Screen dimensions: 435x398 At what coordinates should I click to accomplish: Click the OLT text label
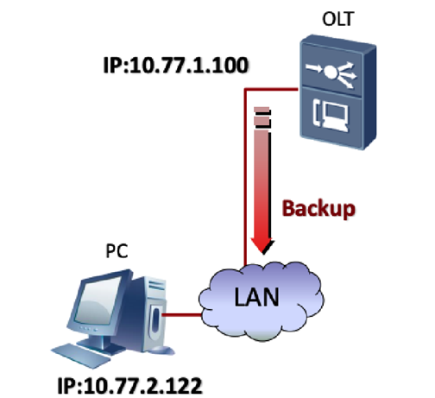pos(337,19)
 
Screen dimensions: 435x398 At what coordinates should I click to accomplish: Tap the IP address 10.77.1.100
pos(175,65)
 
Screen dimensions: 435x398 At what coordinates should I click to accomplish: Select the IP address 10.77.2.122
pos(129,386)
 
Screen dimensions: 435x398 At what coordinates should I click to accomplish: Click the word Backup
pos(318,209)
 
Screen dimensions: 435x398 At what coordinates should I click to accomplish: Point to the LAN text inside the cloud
pos(256,296)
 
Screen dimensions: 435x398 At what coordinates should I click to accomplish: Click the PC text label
pos(117,251)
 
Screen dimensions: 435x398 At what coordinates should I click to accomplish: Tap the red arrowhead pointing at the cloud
pos(262,245)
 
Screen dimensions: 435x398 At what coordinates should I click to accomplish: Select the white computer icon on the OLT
pos(331,115)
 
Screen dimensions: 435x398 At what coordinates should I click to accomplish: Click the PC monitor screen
pos(98,300)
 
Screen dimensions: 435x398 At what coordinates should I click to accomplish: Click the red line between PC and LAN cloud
pos(182,315)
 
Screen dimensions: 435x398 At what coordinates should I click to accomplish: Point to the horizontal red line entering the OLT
pos(271,90)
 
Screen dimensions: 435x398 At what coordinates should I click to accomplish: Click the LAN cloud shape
pos(262,300)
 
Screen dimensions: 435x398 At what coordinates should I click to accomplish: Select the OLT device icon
pos(337,92)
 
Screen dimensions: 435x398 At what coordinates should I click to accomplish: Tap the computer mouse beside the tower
pos(161,351)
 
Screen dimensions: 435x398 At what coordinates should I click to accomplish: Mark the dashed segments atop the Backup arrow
pos(262,117)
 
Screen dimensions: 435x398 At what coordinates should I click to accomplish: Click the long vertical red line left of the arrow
pos(245,177)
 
